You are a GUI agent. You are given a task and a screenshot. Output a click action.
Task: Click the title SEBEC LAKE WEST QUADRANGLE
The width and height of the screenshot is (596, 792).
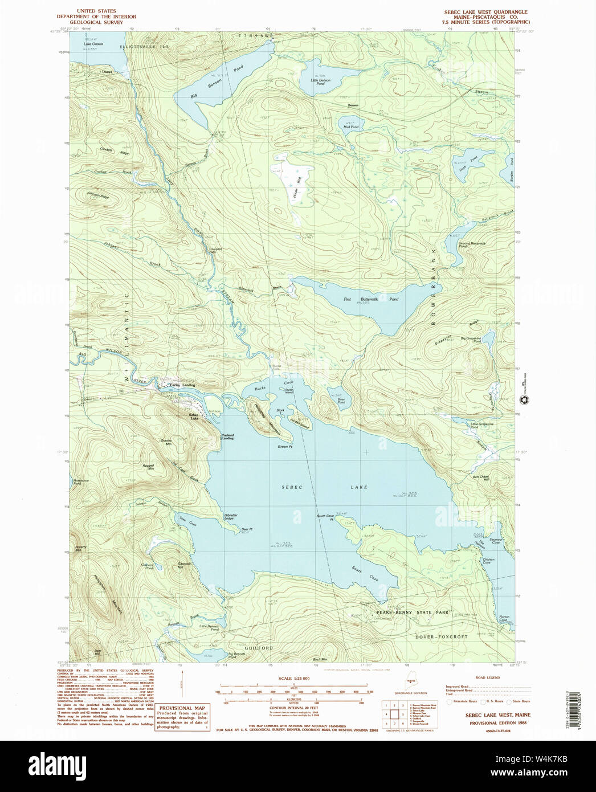pyautogui.click(x=485, y=12)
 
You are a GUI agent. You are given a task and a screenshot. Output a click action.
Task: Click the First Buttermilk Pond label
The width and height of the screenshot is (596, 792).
pyautogui.click(x=370, y=299)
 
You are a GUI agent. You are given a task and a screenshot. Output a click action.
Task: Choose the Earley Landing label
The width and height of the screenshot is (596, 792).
pyautogui.click(x=183, y=385)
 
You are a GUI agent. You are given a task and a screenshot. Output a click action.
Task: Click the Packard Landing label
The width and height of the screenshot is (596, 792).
pyautogui.click(x=227, y=436)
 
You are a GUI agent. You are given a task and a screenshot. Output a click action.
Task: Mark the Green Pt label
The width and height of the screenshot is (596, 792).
pyautogui.click(x=284, y=447)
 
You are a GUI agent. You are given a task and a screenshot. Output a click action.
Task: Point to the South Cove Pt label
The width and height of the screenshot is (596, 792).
pyautogui.click(x=325, y=518)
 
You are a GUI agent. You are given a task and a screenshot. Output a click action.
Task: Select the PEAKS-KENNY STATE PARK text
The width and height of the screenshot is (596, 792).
pyautogui.click(x=413, y=613)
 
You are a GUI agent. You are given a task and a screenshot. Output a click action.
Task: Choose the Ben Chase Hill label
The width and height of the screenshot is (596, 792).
pyautogui.click(x=481, y=477)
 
